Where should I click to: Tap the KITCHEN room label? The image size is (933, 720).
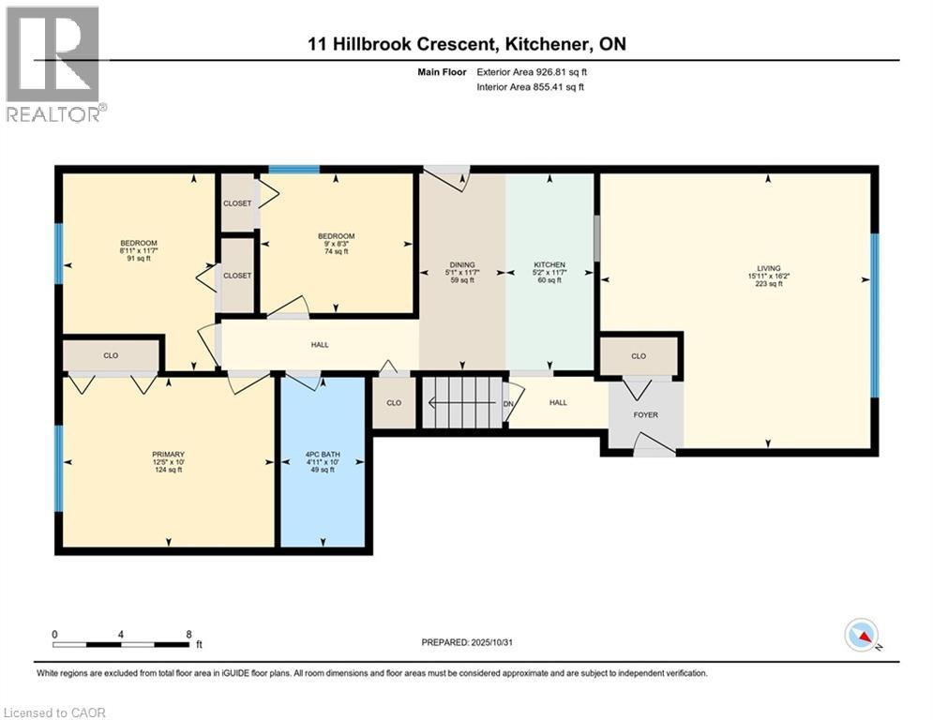pyautogui.click(x=549, y=264)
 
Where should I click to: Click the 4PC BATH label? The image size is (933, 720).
pyautogui.click(x=321, y=460)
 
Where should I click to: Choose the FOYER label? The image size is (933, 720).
pyautogui.click(x=645, y=414)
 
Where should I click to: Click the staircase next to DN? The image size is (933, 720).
pyautogui.click(x=459, y=402)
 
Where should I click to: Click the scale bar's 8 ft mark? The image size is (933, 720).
pyautogui.click(x=189, y=635)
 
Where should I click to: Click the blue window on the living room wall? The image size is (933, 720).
pyautogui.click(x=875, y=314)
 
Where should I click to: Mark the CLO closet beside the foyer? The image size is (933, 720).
pyautogui.click(x=640, y=356)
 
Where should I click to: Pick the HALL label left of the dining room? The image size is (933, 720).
pyautogui.click(x=319, y=345)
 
